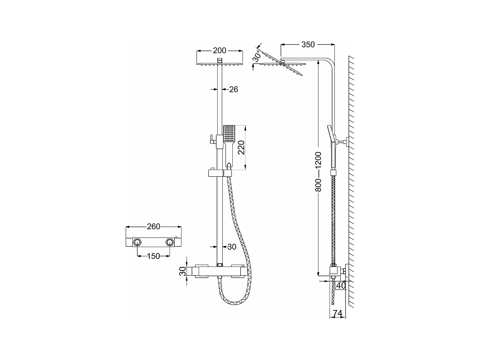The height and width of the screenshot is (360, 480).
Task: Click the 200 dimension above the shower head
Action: click(x=220, y=51)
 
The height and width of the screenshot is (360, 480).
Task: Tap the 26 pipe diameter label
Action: click(x=234, y=89)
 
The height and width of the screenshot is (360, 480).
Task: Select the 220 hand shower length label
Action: click(x=241, y=148)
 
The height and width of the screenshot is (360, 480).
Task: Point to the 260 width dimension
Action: click(x=154, y=227)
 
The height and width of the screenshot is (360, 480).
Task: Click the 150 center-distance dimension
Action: click(x=153, y=256)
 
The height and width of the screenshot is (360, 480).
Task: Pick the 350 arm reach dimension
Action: click(x=308, y=45)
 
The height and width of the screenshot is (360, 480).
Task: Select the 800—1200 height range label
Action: click(x=318, y=172)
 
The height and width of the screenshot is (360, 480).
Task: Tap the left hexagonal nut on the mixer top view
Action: click(x=138, y=242)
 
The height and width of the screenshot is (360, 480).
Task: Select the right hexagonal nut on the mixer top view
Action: click(x=169, y=242)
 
